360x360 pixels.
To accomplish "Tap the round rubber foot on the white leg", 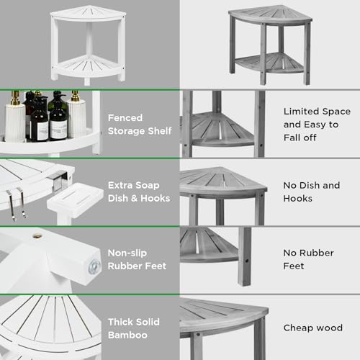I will tap(92, 265).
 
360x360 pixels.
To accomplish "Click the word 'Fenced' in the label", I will tap(125, 117).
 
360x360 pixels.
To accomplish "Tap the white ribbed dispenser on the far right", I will tap(77, 118).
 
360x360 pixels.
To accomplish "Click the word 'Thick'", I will tap(122, 321).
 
